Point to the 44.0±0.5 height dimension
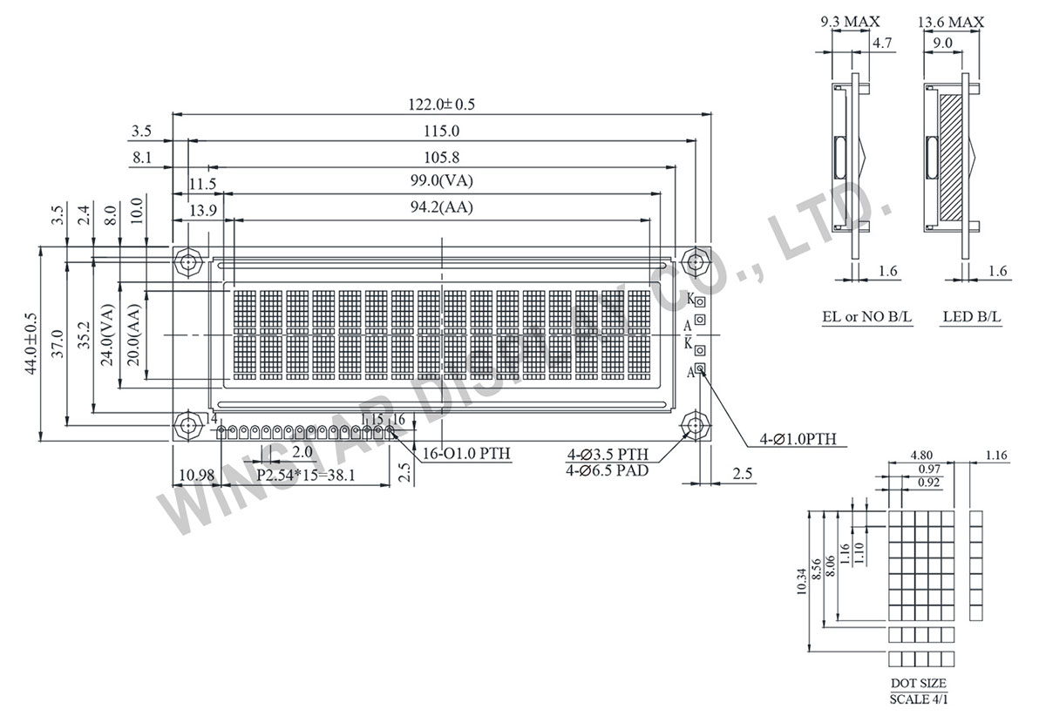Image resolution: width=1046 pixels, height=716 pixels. (32, 344)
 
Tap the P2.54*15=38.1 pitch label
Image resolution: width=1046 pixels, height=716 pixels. (310, 476)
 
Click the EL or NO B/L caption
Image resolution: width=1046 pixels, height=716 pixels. (866, 317)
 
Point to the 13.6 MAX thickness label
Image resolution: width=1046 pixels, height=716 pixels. (952, 22)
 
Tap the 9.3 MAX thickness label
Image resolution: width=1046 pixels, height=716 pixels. (851, 22)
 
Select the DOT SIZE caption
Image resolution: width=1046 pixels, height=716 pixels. (918, 684)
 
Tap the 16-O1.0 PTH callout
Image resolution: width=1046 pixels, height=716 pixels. (466, 454)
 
